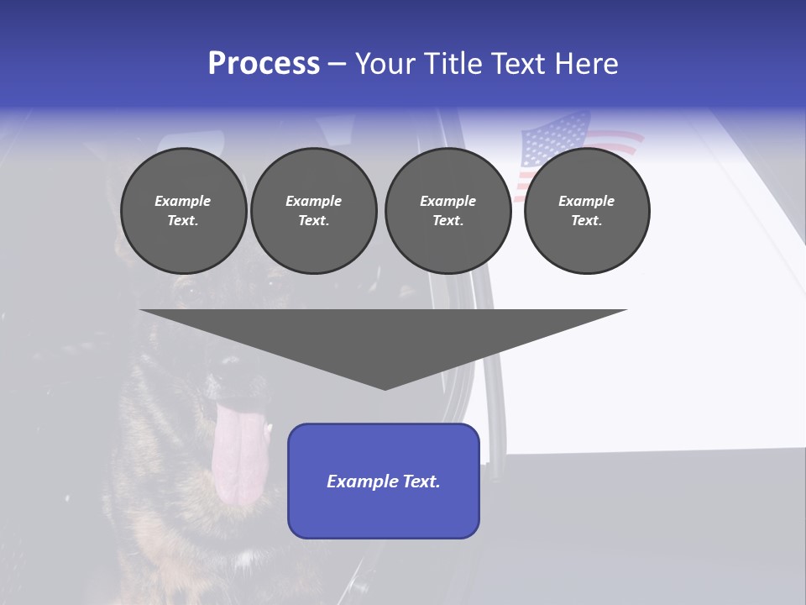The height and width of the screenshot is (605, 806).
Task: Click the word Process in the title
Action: coord(264,64)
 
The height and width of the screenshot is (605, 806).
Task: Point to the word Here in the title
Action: coord(586,64)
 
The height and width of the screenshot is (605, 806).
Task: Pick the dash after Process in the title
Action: coord(337,66)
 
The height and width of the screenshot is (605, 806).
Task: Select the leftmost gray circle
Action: coord(183,210)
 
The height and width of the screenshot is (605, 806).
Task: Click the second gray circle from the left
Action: coord(313,210)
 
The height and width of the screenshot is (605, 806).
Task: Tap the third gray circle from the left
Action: coord(447,210)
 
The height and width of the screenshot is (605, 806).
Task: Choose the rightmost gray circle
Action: coord(586,210)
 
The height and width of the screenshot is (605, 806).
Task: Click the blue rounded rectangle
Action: coord(384,481)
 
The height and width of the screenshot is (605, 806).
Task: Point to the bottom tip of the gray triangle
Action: coord(385,387)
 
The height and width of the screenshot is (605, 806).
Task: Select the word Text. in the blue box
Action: coord(421,481)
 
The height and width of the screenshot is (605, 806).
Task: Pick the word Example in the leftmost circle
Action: coord(183,201)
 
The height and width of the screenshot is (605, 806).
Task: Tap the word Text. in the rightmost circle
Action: coord(586,220)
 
